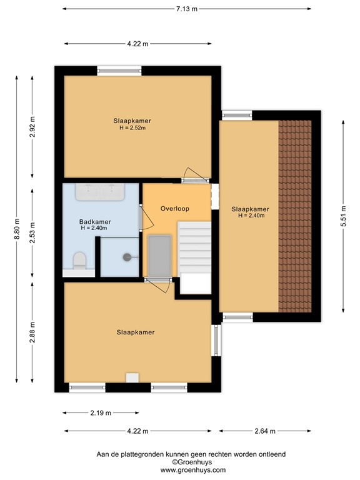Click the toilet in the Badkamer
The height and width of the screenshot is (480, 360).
[79, 260]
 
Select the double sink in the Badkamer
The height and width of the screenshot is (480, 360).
[100, 191]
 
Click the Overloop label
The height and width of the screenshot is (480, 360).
[175, 209]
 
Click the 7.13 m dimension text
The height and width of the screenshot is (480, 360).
[186, 9]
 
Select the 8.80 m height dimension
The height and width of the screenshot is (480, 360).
[17, 229]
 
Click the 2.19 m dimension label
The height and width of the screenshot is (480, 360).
[100, 413]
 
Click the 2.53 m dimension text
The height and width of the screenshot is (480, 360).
[33, 229]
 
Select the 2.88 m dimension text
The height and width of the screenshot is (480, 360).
[33, 331]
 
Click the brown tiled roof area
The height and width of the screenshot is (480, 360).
[294, 216]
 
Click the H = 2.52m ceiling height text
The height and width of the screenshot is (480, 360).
[132, 128]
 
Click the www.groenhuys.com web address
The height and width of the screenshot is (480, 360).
[193, 470]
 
